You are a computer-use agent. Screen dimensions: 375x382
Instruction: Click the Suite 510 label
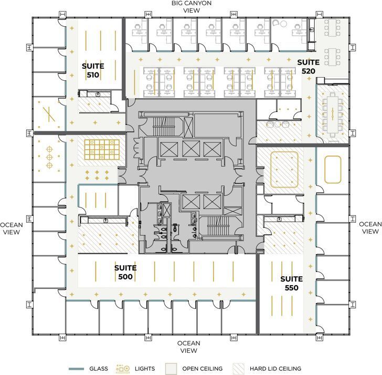93,70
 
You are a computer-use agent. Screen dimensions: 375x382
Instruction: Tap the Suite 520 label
308,66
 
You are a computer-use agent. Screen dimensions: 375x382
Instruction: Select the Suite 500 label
125,272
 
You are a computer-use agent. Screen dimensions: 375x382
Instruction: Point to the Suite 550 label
289,283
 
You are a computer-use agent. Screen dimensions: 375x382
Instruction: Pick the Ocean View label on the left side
11,228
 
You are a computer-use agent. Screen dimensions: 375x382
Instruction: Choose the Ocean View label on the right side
370,227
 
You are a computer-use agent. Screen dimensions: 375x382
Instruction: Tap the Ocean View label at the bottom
188,347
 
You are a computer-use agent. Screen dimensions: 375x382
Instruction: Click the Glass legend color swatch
77,368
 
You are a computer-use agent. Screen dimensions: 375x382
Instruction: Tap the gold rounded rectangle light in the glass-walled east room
333,170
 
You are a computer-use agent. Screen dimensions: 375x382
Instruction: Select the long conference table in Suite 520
332,113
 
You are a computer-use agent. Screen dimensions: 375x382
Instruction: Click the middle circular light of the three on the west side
49,157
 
